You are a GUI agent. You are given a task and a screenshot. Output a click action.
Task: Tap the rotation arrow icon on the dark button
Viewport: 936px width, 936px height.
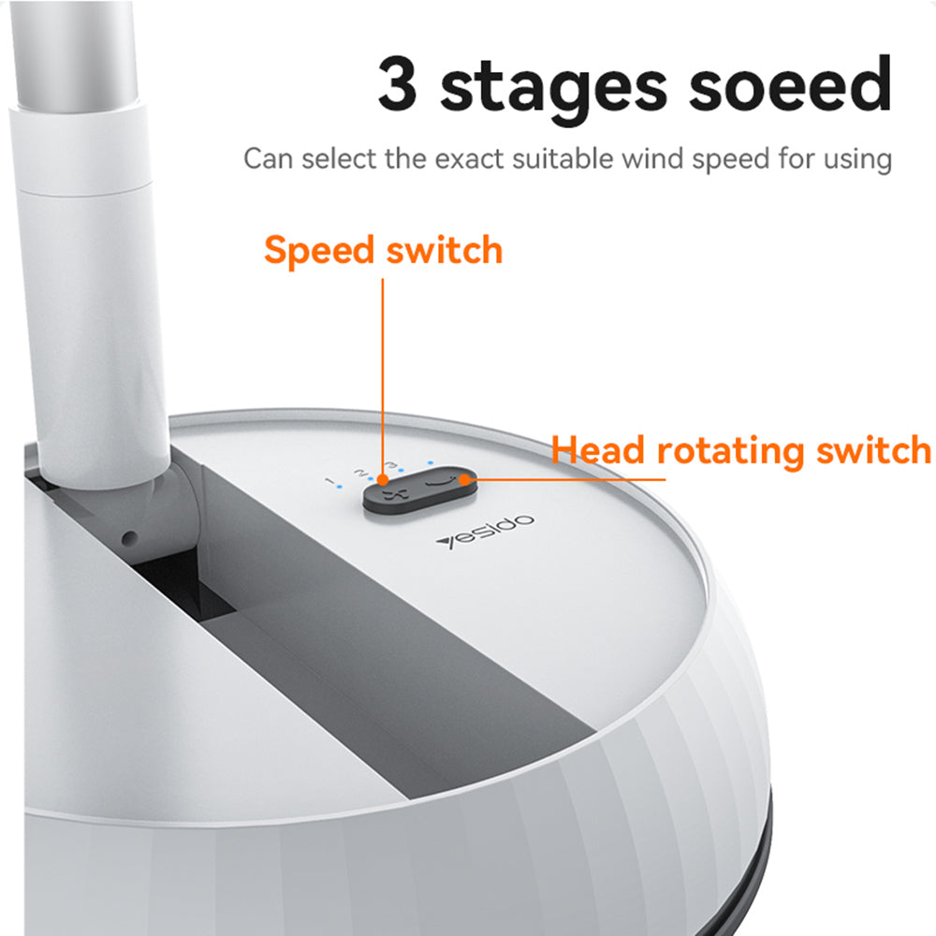pyautogui.click(x=439, y=485)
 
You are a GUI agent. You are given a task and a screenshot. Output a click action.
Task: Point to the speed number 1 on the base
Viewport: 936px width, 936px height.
pyautogui.click(x=330, y=482)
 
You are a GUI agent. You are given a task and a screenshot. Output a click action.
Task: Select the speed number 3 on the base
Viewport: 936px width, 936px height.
pyautogui.click(x=391, y=465)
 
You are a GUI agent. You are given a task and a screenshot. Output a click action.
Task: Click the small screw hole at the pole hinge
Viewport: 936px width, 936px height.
pyautogui.click(x=130, y=538)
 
